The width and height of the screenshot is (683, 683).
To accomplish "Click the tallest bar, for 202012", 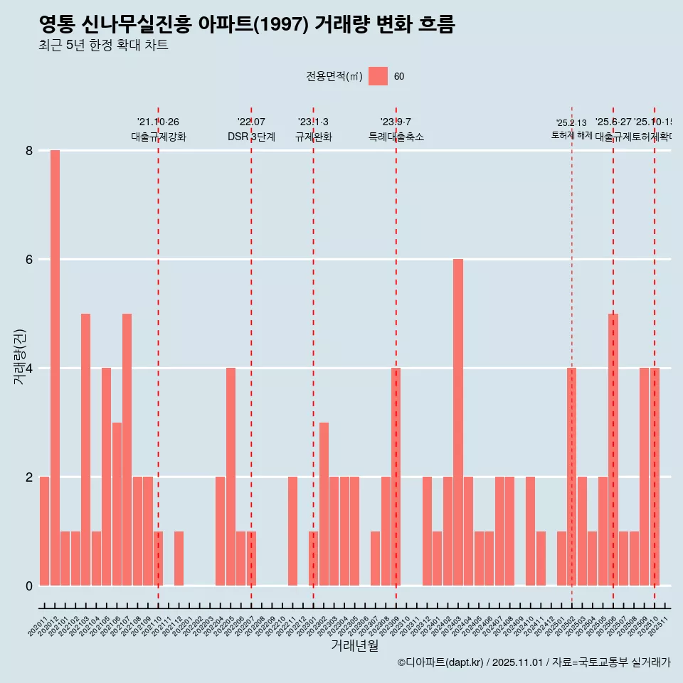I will (55, 368).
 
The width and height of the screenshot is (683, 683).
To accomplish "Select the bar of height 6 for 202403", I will (458, 422).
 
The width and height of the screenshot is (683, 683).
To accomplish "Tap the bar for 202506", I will (613, 450).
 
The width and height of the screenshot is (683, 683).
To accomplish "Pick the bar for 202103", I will (85, 450).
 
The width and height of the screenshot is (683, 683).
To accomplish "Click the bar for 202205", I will (231, 477).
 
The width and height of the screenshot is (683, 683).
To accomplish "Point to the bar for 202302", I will (324, 504).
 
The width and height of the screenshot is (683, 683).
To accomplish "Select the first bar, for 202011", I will (44, 531).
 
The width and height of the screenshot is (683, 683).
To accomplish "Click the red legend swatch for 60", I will (378, 76).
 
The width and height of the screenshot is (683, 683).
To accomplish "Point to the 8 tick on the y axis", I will (29, 150).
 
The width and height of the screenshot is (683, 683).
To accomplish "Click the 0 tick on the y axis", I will (29, 586).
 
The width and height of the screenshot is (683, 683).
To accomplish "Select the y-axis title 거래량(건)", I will (20, 356).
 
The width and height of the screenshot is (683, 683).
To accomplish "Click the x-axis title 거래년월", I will (354, 646).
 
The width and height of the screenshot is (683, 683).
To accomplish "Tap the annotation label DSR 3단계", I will (251, 137).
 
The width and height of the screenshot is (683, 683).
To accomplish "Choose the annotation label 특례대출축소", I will (396, 137).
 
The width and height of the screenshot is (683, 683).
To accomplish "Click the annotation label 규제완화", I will (313, 137).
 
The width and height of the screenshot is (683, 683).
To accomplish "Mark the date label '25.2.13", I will (571, 123).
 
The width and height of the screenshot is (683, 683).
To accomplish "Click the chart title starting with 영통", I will (246, 25).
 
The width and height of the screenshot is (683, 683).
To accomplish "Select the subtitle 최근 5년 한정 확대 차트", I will (103, 46).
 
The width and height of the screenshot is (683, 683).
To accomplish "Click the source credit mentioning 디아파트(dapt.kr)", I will (534, 662).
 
